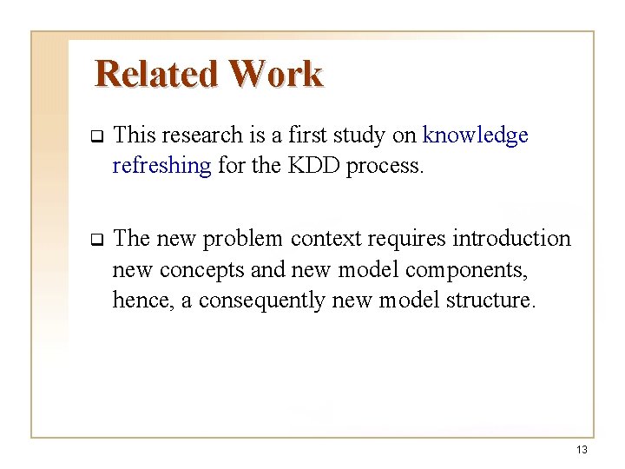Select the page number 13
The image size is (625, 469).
pyautogui.click(x=581, y=450)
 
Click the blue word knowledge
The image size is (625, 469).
pyautogui.click(x=475, y=135)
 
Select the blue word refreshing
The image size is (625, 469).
pyautogui.click(x=161, y=166)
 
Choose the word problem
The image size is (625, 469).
pyautogui.click(x=245, y=239)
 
